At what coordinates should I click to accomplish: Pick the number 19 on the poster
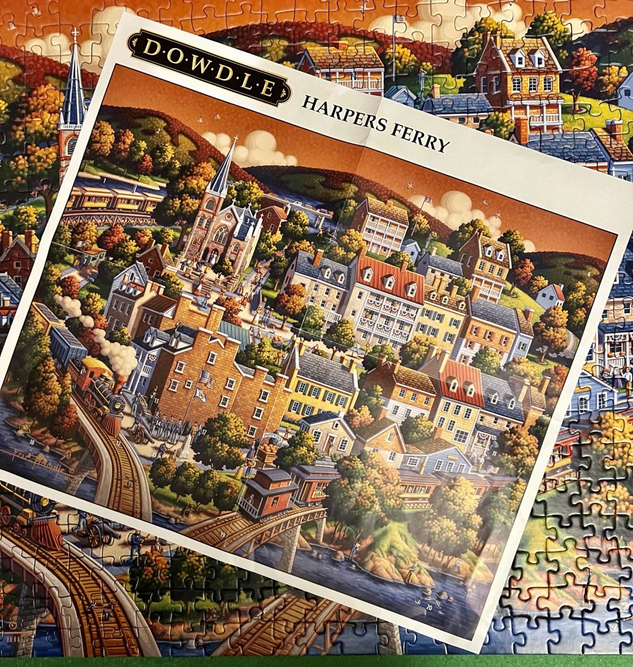coord(223,535)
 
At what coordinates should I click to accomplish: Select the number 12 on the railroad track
coord(118,443)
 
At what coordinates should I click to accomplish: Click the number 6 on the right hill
coord(588,274)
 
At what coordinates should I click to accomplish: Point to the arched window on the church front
coord(221,235)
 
